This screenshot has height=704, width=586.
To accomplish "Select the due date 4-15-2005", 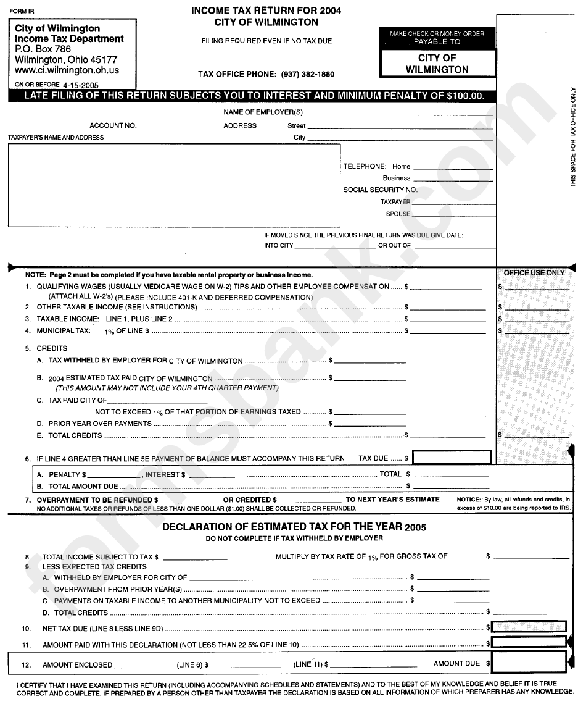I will click(x=80, y=85).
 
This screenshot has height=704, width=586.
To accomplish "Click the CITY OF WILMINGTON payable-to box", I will click(x=437, y=64).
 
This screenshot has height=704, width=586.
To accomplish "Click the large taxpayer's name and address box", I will click(x=173, y=185).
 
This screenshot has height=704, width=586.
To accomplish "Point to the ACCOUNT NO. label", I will click(x=113, y=125).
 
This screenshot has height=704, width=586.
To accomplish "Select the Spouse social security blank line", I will click(x=453, y=215).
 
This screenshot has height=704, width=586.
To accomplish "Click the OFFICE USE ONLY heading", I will click(x=534, y=273).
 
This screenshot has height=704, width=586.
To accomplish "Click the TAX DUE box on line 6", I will click(x=452, y=458).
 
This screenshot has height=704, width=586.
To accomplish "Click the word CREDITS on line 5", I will click(x=52, y=349).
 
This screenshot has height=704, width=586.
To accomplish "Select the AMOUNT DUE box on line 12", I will click(x=529, y=664).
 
